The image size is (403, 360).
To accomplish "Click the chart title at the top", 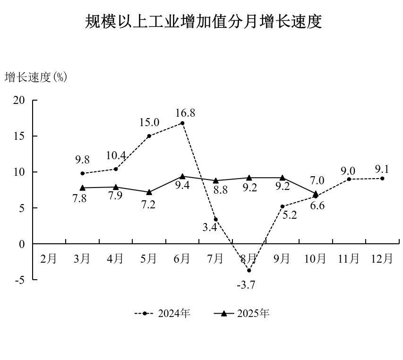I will [x=203, y=22].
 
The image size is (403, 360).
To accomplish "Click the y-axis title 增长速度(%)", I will [x=36, y=77].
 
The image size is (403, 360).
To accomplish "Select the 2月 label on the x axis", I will [x=49, y=258].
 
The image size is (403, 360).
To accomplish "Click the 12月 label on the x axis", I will [x=382, y=258].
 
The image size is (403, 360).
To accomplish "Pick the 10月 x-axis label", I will [x=315, y=258].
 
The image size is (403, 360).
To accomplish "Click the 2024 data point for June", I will [x=182, y=123].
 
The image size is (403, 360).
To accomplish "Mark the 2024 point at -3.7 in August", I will [x=249, y=270].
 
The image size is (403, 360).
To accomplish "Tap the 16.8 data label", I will [x=185, y=113].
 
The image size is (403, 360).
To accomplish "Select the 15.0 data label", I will [x=149, y=122].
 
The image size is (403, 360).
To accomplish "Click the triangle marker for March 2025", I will [x=83, y=188].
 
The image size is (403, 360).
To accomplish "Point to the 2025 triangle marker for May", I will [x=149, y=192].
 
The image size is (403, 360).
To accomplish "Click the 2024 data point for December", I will [x=382, y=179].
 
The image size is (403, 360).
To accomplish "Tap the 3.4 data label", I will [x=210, y=227].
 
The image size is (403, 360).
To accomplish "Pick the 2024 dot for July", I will [x=215, y=219].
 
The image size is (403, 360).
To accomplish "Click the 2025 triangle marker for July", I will [x=215, y=180].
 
